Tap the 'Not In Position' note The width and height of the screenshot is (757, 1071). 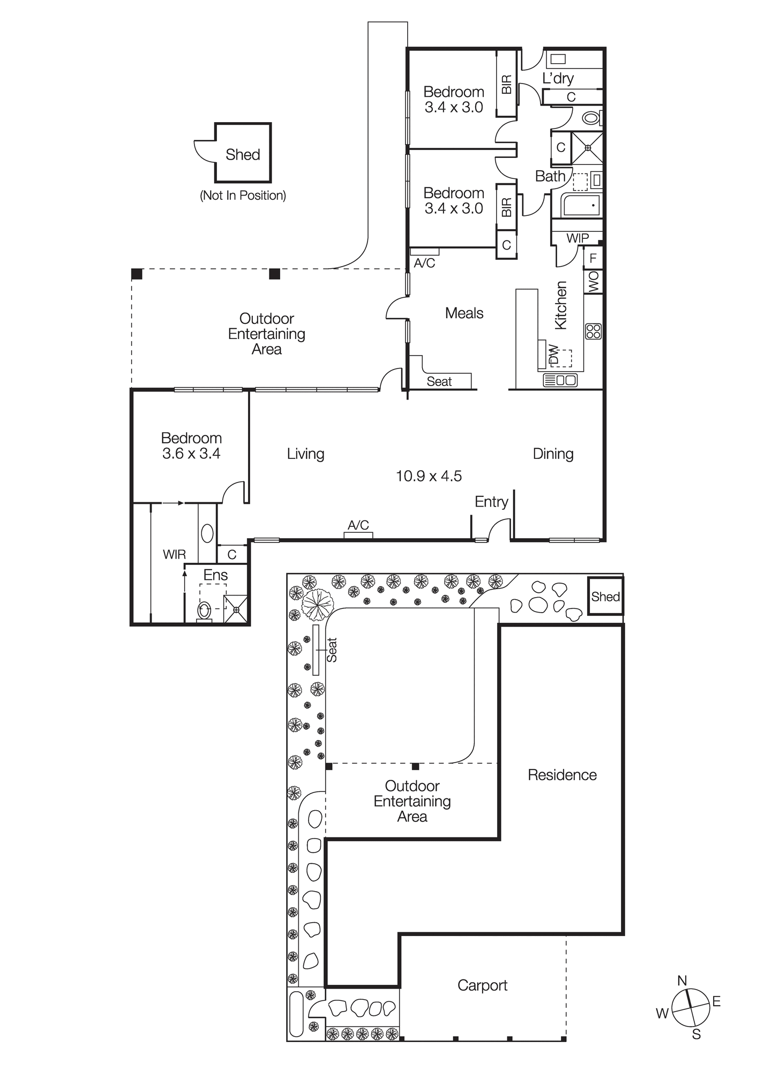point(243,195)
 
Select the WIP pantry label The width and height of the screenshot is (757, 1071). point(577,238)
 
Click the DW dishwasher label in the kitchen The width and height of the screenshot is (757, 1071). point(554,355)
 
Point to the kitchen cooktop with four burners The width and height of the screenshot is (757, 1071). point(594,331)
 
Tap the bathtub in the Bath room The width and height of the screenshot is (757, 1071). point(581,206)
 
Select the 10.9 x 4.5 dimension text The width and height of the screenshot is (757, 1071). point(429,476)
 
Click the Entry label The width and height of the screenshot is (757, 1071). point(491,502)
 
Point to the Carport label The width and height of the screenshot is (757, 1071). point(482,985)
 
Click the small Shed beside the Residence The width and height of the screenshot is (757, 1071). point(605,596)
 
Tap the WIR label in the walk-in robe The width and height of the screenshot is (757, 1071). point(174,555)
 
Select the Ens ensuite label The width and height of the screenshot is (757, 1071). point(215,575)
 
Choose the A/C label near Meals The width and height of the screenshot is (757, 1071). point(424,263)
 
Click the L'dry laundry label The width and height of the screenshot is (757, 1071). point(558,78)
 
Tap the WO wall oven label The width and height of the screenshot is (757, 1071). point(594,282)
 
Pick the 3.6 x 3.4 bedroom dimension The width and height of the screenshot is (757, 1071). point(191,454)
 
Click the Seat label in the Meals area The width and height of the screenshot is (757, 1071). point(439,381)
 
